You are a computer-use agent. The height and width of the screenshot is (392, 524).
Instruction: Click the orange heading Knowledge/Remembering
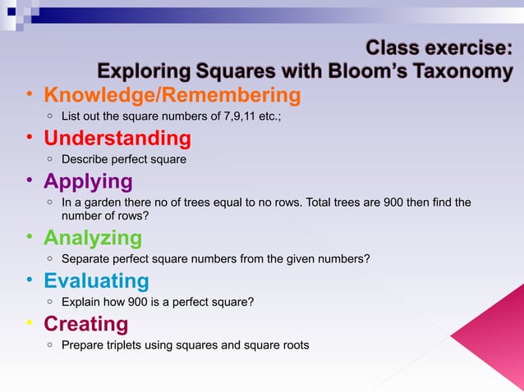[172, 96]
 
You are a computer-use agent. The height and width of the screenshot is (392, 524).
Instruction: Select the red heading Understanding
[117, 138]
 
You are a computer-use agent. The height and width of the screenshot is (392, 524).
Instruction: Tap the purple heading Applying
[88, 181]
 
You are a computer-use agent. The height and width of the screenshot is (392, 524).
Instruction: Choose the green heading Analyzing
[92, 238]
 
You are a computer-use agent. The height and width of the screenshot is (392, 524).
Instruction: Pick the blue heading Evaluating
[96, 281]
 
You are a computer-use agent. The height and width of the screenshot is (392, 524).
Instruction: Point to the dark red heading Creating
[85, 324]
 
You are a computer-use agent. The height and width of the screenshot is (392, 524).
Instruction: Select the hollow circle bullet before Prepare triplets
[51, 345]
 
